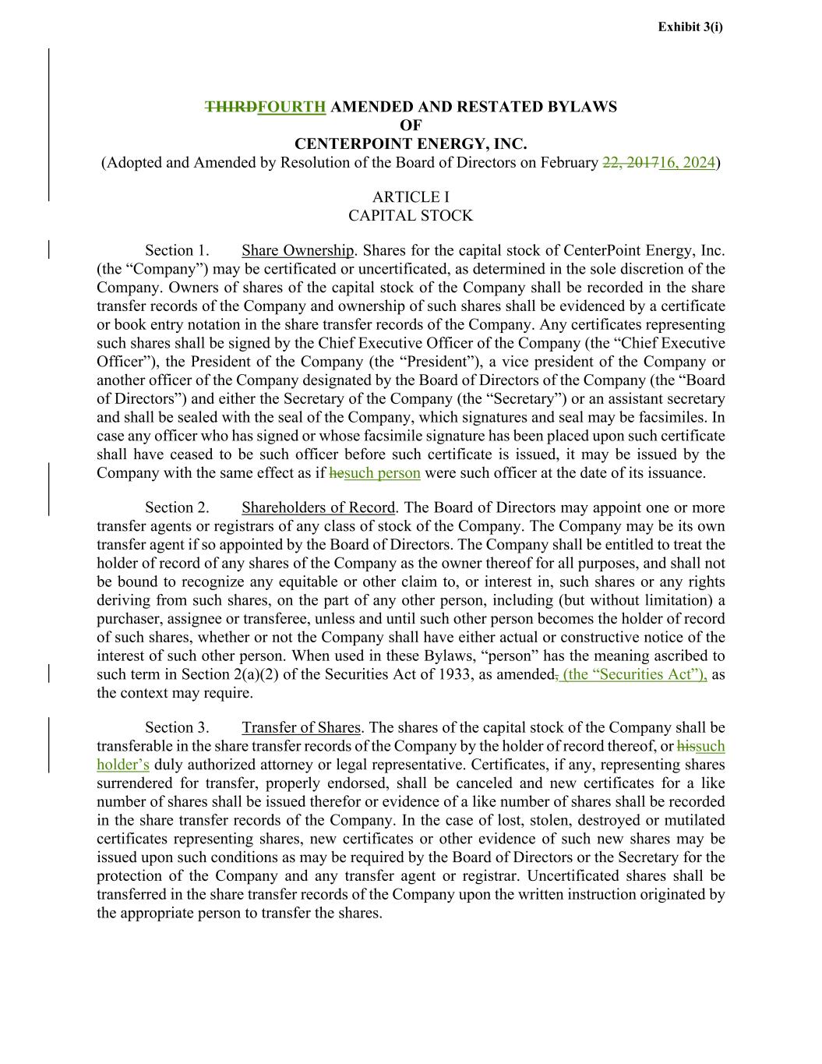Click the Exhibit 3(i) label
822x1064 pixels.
690,27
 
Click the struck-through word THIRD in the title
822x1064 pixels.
231,107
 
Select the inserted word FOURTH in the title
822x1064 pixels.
291,107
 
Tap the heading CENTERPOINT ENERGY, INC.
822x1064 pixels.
411,144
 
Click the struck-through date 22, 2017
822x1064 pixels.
630,163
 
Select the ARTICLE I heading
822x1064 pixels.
411,197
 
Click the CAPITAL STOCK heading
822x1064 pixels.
411,216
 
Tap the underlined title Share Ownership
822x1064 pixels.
298,250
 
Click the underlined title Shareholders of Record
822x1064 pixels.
319,507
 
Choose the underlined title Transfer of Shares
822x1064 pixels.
301,727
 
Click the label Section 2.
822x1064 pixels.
177,507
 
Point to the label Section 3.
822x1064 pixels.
177,727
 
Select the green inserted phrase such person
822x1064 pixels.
383,473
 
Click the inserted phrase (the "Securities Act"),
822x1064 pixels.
634,674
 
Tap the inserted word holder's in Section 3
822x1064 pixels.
123,765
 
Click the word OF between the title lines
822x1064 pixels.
411,125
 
